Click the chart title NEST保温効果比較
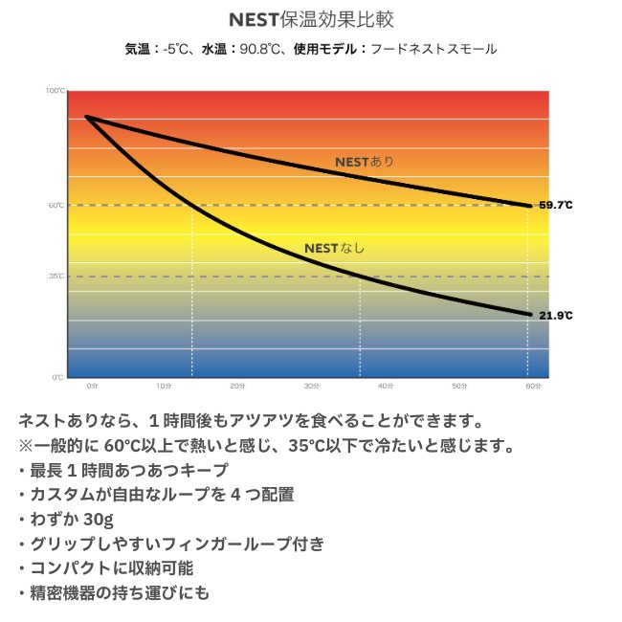(x=311, y=19)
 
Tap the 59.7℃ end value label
(x=555, y=205)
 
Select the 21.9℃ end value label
(x=555, y=315)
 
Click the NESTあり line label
(x=364, y=162)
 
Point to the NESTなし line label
(x=334, y=248)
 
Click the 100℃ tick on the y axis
(x=56, y=91)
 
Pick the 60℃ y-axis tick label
(x=56, y=205)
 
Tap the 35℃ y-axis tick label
(x=56, y=277)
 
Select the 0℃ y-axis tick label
(x=58, y=376)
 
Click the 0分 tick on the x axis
(x=92, y=386)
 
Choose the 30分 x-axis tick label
(x=312, y=386)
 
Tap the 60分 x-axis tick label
(x=533, y=386)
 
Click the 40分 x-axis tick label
(x=386, y=386)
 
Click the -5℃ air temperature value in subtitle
(x=176, y=48)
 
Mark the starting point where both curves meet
(x=87, y=117)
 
